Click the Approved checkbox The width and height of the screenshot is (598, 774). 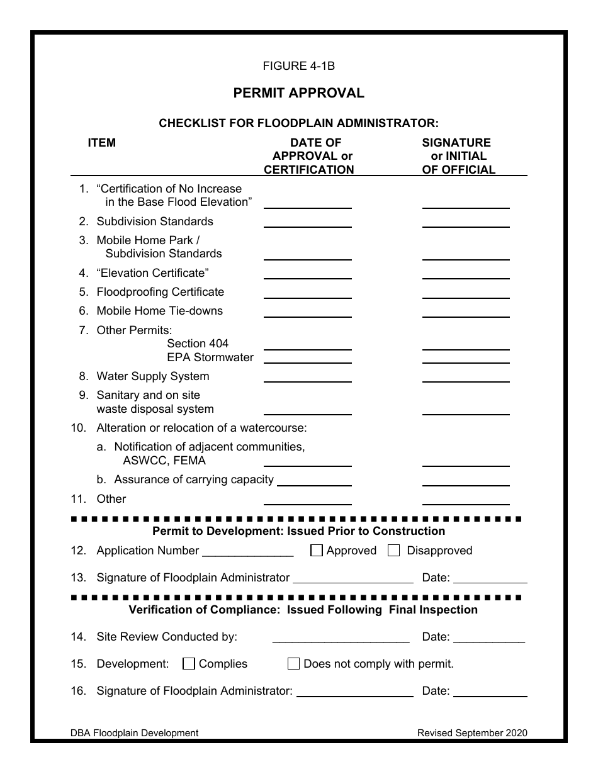(317, 551)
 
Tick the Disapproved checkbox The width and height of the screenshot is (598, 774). (394, 551)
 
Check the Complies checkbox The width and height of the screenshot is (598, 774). (189, 663)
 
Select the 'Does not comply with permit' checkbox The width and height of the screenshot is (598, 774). (293, 663)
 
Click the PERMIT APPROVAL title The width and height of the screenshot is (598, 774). (298, 93)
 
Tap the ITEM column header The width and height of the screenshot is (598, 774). (101, 143)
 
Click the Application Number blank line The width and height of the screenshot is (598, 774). (247, 555)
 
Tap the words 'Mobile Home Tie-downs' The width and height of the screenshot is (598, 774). (159, 311)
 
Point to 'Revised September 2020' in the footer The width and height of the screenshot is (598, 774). (472, 732)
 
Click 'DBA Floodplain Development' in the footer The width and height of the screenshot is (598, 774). (134, 732)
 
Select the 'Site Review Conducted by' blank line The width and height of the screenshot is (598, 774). (341, 641)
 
